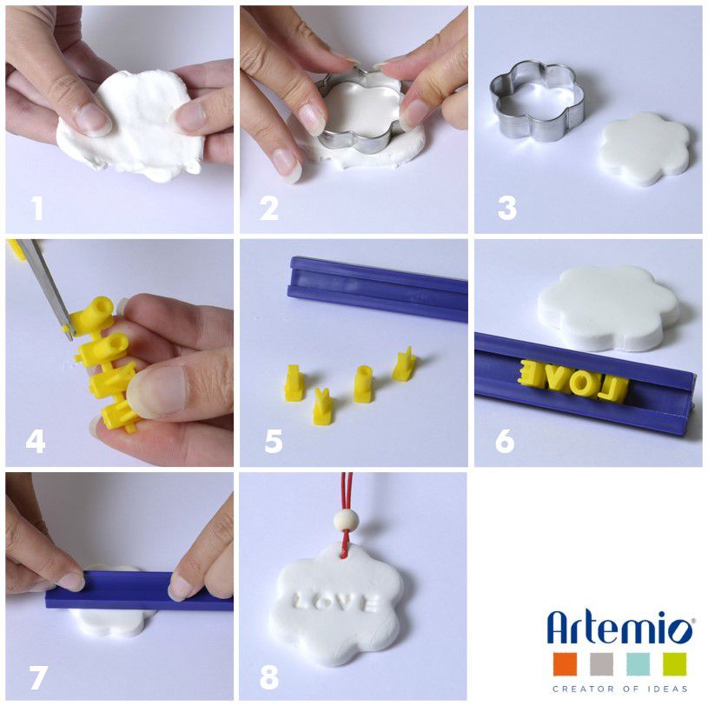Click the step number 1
(36, 209)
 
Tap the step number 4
(36, 442)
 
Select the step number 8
(269, 677)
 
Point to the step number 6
(505, 441)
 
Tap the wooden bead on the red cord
(343, 520)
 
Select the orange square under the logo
(566, 664)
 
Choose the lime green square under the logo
(675, 664)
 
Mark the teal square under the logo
(638, 664)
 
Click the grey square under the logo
(602, 664)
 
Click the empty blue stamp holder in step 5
(378, 290)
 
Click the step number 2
(269, 209)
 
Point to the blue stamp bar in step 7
(139, 590)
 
